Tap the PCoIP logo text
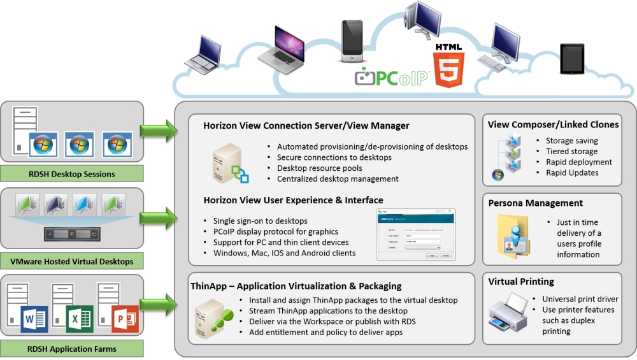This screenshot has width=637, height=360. pyautogui.click(x=394, y=78)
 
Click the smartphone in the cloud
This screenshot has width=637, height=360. pyautogui.click(x=352, y=41)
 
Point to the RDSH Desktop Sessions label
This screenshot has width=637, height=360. pyautogui.click(x=72, y=174)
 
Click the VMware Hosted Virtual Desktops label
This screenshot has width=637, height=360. pyautogui.click(x=72, y=261)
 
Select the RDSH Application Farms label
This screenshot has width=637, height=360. pyautogui.click(x=72, y=349)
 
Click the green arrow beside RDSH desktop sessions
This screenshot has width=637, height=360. pyautogui.click(x=158, y=131)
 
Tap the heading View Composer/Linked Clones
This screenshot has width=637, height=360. pyautogui.click(x=553, y=124)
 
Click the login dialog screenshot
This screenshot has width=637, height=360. pyautogui.click(x=416, y=234)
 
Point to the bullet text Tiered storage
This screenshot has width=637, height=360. pyautogui.click(x=571, y=152)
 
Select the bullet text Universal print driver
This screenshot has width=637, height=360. pyautogui.click(x=580, y=299)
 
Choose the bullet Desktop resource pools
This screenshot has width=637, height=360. pyautogui.click(x=320, y=168)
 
